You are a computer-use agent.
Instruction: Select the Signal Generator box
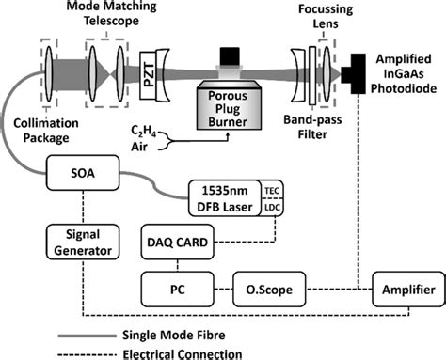tap(81, 243)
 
